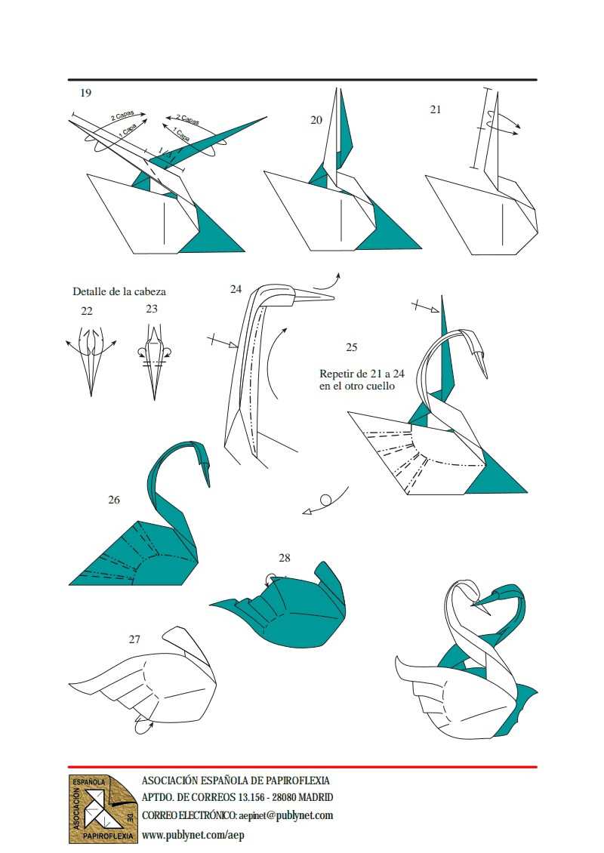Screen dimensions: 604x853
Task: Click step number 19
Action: tap(85, 93)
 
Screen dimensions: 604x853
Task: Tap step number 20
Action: tap(316, 120)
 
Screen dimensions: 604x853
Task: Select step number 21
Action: tap(436, 109)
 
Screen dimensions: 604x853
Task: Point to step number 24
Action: tap(236, 289)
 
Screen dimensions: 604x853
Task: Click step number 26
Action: tap(114, 500)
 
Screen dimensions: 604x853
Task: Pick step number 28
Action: tap(285, 558)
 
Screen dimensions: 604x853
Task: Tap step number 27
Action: tap(135, 639)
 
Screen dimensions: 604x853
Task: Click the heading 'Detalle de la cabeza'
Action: tap(119, 291)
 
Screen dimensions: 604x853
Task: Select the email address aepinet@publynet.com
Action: tap(285, 815)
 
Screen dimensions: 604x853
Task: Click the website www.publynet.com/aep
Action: tap(193, 834)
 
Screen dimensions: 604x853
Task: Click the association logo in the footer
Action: tap(103, 809)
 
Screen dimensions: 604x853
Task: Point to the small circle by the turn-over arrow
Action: tap(325, 500)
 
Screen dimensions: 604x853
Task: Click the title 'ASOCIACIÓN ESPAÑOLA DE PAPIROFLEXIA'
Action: tap(236, 780)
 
